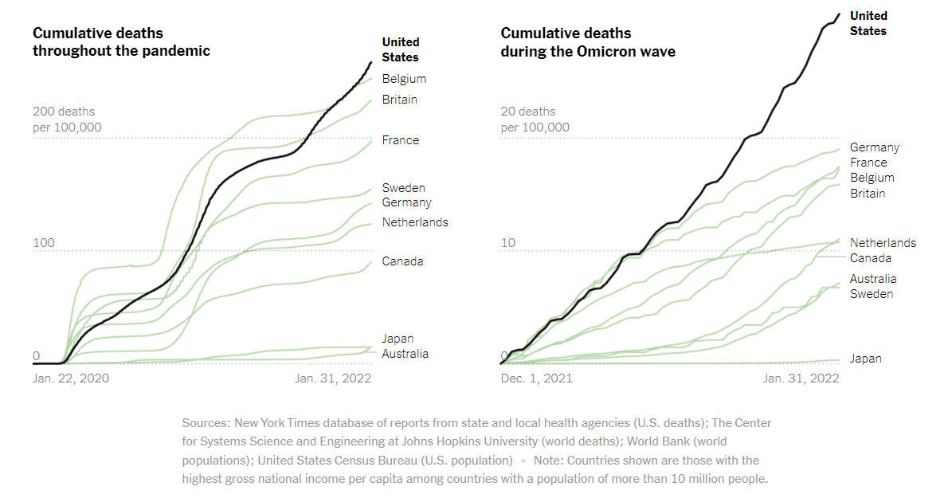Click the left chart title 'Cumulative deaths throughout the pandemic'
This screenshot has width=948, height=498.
(x=121, y=42)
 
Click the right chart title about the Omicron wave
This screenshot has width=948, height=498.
(x=588, y=42)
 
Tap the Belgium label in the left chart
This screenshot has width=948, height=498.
(x=404, y=79)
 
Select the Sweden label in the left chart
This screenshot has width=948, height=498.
(x=403, y=188)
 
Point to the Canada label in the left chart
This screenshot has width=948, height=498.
(x=402, y=261)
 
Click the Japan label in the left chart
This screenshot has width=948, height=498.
(x=398, y=339)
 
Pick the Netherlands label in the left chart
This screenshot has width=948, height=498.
(x=414, y=222)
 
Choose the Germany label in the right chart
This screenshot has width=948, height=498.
(x=874, y=147)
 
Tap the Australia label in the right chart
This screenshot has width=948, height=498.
(x=872, y=279)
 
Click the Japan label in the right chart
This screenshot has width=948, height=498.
(x=865, y=359)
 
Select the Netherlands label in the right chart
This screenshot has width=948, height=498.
(x=883, y=243)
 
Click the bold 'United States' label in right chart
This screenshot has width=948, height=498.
(x=868, y=23)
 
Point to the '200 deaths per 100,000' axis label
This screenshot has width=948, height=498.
(x=67, y=120)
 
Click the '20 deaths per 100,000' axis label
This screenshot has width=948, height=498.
(x=535, y=120)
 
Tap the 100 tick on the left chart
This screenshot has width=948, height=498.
(x=42, y=242)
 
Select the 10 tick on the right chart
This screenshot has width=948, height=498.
(x=508, y=242)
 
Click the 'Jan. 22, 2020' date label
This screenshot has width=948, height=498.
(x=71, y=378)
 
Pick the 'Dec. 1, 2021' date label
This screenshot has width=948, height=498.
(x=536, y=378)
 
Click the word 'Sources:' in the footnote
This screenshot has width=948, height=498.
(x=206, y=422)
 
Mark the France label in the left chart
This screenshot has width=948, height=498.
(x=400, y=140)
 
